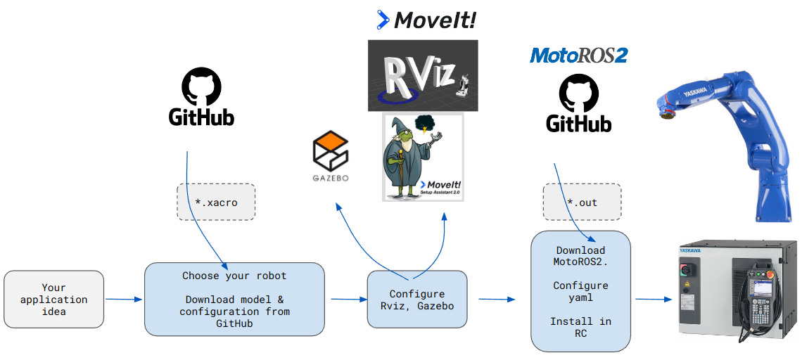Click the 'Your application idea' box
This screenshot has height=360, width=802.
point(54,299)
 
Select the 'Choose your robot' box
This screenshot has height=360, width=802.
point(234,299)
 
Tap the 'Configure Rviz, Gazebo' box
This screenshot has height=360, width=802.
point(417,300)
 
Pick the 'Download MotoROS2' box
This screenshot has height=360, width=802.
point(580,290)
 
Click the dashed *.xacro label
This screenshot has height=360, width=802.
point(216,202)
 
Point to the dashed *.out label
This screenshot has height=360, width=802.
point(582,202)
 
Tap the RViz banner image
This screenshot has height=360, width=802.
point(423,75)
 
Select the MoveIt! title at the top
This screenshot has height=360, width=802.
point(427,20)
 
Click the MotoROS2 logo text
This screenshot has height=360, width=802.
point(578,55)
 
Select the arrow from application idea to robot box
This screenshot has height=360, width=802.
point(124,300)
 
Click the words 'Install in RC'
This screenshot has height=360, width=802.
point(580,327)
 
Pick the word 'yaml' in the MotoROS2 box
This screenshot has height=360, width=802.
point(580,297)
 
